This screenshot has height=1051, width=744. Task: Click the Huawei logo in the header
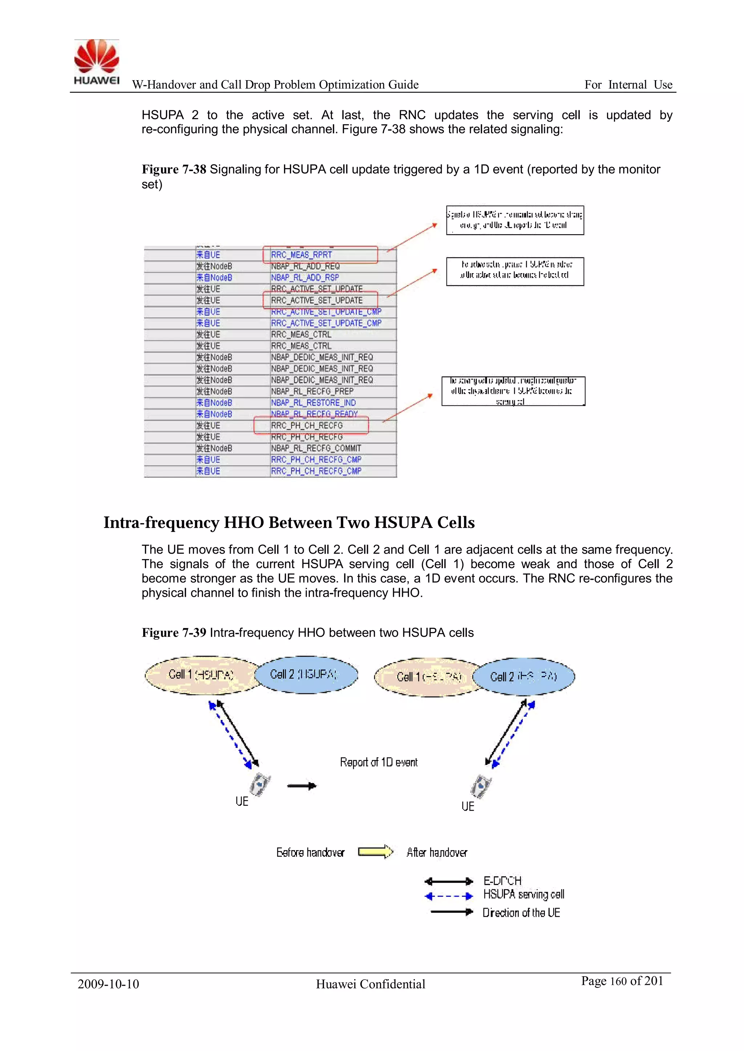pos(97,62)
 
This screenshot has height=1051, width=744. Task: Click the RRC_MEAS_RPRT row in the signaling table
pos(302,255)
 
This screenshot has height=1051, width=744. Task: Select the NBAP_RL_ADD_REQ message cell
pos(305,266)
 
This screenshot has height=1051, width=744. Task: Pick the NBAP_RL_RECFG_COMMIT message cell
pos(316,448)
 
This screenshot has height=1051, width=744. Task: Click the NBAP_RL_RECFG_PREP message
pos(312,391)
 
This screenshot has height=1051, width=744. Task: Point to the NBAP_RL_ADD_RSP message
pos(305,277)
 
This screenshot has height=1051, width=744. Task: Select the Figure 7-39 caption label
pos(174,633)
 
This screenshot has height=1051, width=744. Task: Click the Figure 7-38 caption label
pos(174,170)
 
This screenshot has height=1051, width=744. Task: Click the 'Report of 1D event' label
pos(379,762)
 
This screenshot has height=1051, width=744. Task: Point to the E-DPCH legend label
pos(502,881)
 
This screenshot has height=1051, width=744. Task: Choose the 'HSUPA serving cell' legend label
pos(523,895)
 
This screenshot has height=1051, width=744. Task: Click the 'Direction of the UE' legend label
pos(521,913)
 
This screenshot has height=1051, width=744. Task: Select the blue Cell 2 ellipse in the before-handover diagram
pos(306,674)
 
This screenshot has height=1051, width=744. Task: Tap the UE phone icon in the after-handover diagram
pos(481,786)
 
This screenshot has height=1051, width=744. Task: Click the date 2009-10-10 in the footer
pos(108,984)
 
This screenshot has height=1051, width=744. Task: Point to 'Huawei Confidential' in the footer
pos(370,984)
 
